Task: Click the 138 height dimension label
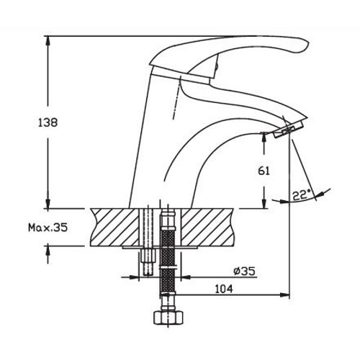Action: click(48, 122)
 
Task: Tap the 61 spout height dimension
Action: click(264, 171)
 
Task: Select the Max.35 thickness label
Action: click(48, 228)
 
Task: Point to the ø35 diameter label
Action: click(244, 271)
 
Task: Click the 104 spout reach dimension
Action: click(224, 289)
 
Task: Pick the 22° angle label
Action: click(302, 195)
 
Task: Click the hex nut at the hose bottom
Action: click(168, 318)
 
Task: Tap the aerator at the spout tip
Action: click(289, 130)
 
